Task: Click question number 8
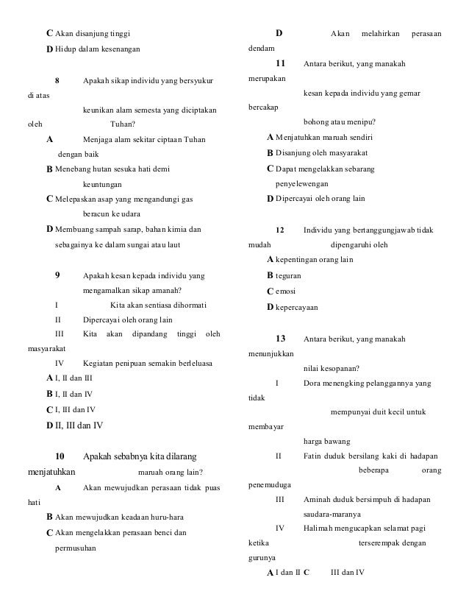point(57,79)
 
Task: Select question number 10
point(61,456)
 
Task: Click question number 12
point(279,230)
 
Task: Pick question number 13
point(280,339)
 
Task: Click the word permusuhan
point(76,548)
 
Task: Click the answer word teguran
point(288,275)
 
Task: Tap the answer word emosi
point(285,291)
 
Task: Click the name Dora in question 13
point(312,383)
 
